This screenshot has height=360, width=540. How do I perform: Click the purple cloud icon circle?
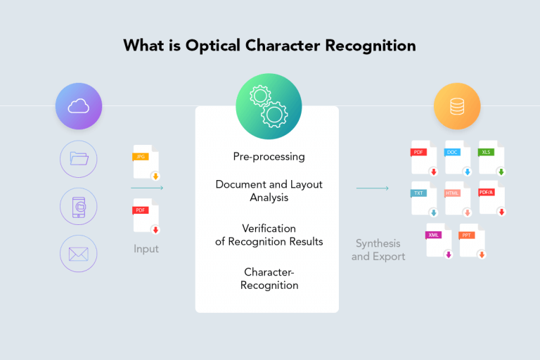[79, 106]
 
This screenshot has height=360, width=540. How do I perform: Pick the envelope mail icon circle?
[79, 253]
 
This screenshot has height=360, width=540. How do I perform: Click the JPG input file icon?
[146, 164]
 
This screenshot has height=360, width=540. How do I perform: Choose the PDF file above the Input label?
[146, 217]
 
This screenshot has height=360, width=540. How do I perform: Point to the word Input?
[146, 248]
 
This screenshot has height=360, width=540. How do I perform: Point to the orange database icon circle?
[456, 106]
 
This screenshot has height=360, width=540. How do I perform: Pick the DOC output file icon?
[458, 158]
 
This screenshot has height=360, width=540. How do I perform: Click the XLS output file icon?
[491, 158]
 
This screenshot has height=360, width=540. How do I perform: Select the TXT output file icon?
[424, 199]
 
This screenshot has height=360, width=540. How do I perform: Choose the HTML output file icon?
[458, 199]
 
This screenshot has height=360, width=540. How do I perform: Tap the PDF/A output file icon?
[491, 199]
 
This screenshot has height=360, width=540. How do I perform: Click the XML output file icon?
[439, 240]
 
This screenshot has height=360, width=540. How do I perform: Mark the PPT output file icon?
[472, 240]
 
